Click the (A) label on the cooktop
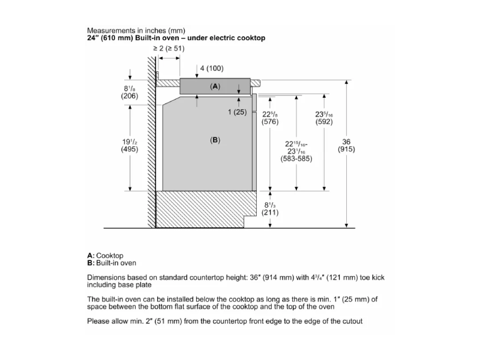pyautogui.click(x=215, y=86)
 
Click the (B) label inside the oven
pyautogui.click(x=215, y=140)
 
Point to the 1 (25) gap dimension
pyautogui.click(x=236, y=112)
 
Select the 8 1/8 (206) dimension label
pyautogui.click(x=130, y=92)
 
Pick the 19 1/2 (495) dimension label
pyautogui.click(x=130, y=146)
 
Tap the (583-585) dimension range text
pyautogui.click(x=297, y=159)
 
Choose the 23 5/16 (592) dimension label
pyautogui.click(x=324, y=118)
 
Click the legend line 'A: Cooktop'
pyautogui.click(x=105, y=256)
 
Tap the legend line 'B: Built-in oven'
pyautogui.click(x=112, y=263)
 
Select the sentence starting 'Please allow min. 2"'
pyautogui.click(x=224, y=321)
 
